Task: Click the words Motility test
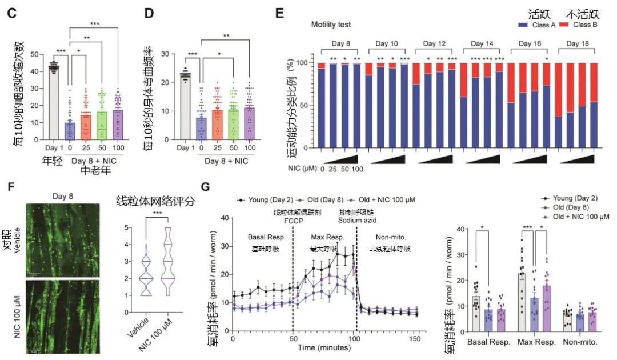(x=331, y=25)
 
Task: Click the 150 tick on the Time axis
(x=416, y=339)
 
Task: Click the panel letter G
(x=214, y=188)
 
